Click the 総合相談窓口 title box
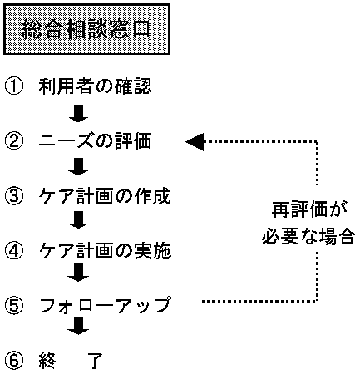(86, 29)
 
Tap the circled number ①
(14, 87)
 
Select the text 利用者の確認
(95, 86)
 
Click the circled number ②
(14, 140)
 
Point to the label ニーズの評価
(95, 140)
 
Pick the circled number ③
(14, 196)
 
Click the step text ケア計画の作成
(105, 196)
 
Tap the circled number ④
(14, 250)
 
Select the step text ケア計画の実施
(105, 250)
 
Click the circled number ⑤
(14, 306)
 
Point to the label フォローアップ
(105, 305)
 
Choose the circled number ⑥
(14, 361)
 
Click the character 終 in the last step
(47, 360)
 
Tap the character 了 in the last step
(95, 361)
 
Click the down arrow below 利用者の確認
(78, 113)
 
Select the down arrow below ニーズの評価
(78, 167)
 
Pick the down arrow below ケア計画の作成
(78, 220)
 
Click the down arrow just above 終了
(78, 326)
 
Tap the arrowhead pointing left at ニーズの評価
(195, 141)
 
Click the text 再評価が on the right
(309, 211)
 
